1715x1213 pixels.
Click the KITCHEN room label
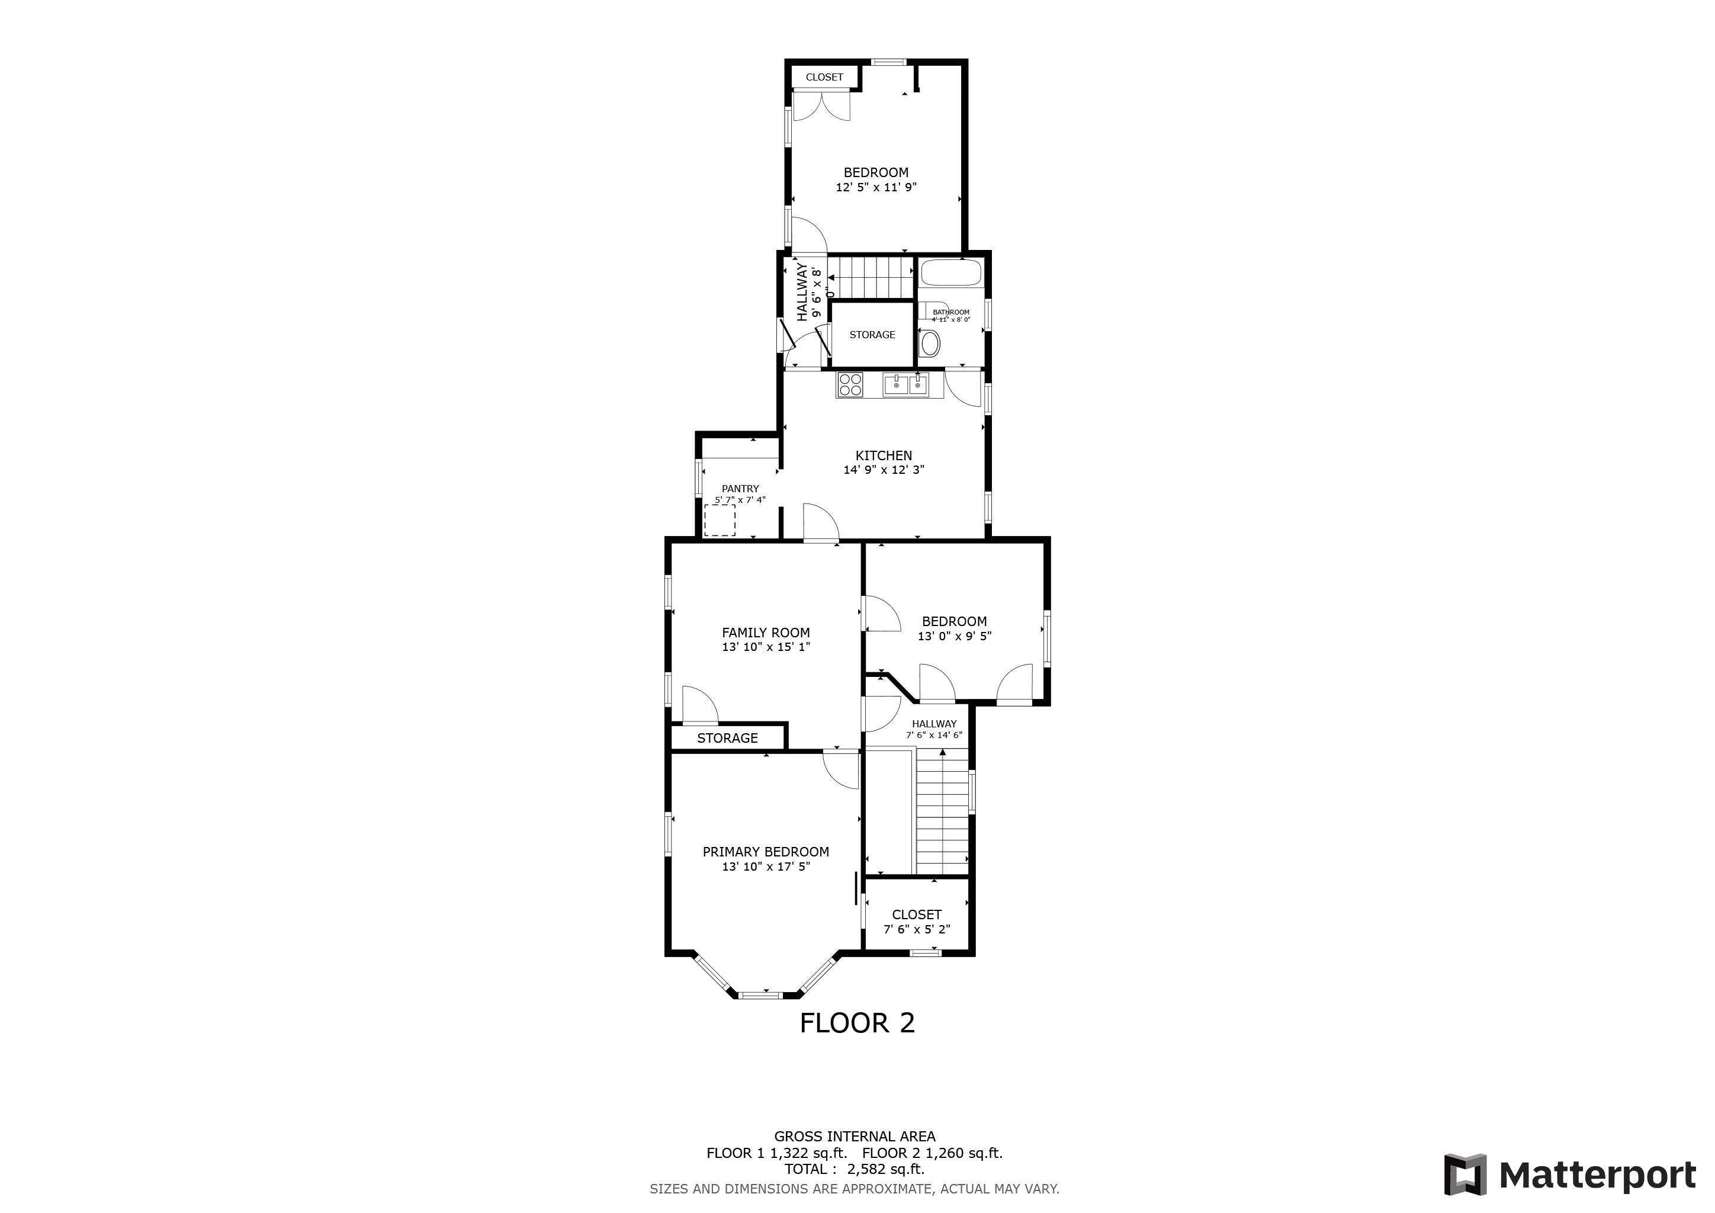point(884,455)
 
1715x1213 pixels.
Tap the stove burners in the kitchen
point(850,384)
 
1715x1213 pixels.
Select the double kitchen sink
point(906,384)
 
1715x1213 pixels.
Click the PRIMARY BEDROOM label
point(766,852)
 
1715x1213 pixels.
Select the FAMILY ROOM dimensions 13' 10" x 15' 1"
point(766,647)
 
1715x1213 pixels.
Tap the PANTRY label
point(740,489)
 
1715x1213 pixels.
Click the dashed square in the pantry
point(720,520)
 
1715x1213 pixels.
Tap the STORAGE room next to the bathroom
point(872,335)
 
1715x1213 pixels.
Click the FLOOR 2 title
point(857,1022)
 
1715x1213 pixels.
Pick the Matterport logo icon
point(1464,1175)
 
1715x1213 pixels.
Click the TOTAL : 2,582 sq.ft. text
point(854,1169)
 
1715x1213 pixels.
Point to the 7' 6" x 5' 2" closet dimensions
point(917,929)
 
